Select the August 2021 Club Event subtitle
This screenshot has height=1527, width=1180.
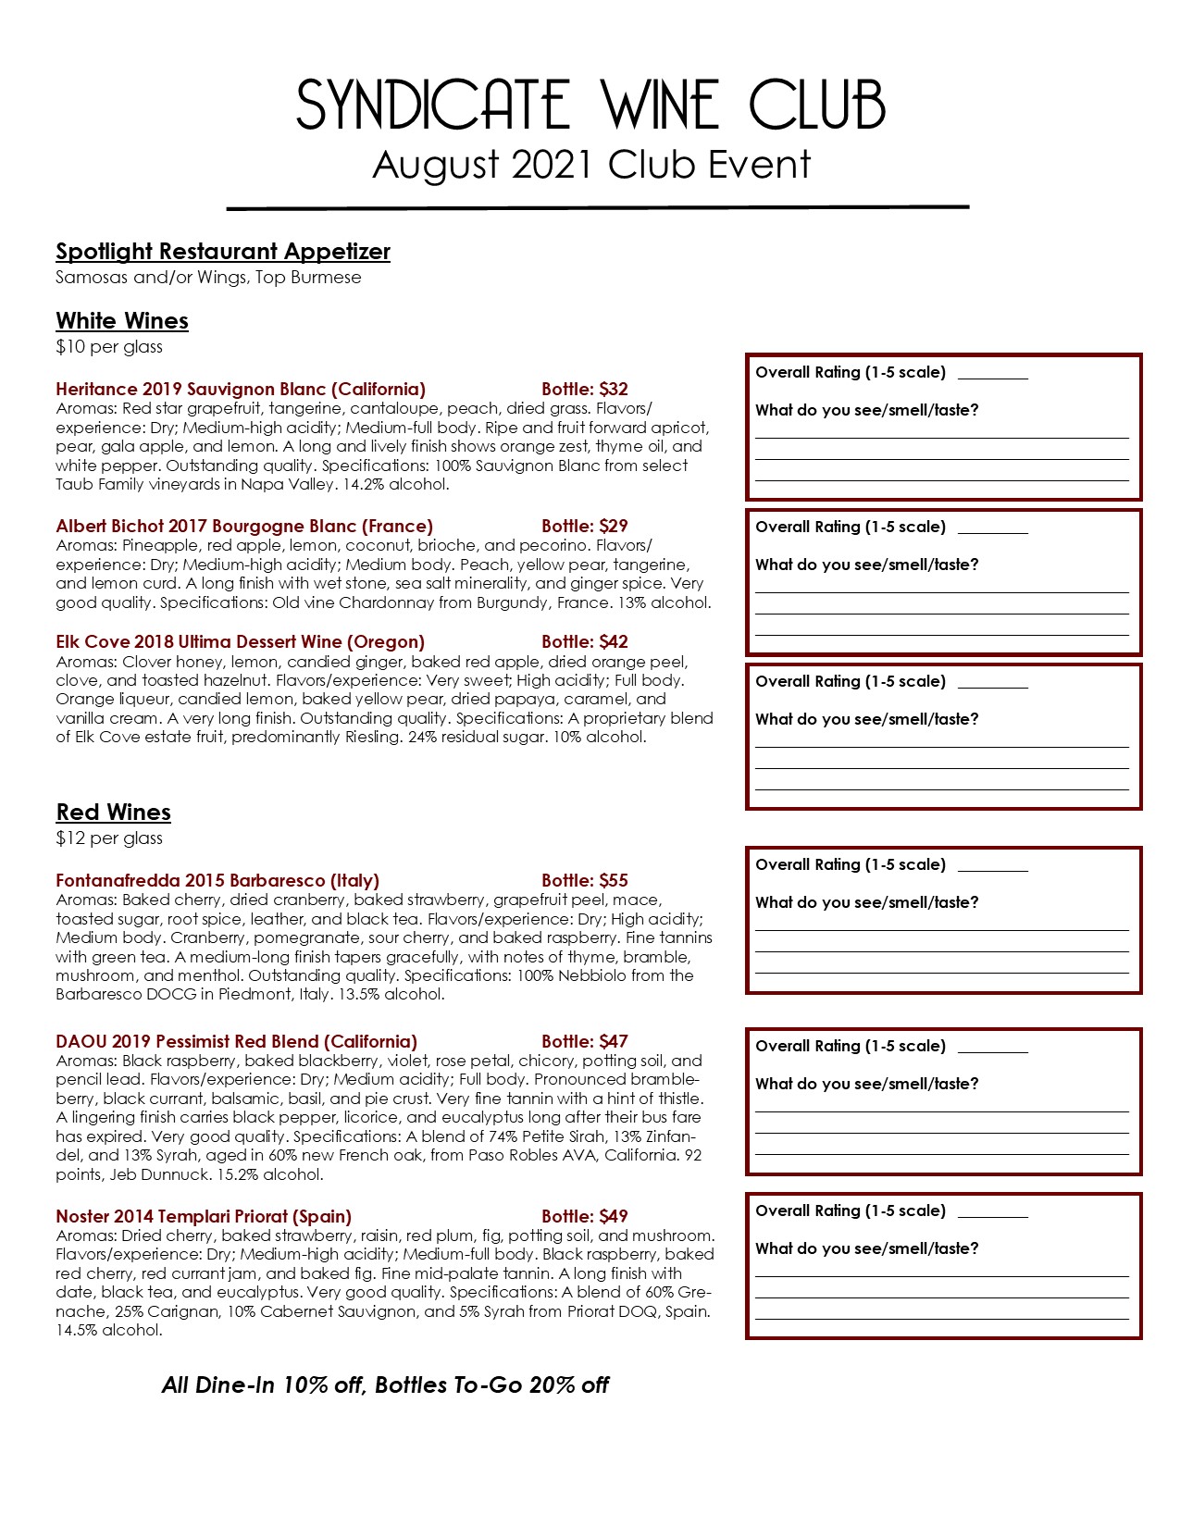pos(590,165)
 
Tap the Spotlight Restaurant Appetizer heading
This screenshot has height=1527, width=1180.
pos(223,252)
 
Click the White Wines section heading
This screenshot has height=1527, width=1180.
pos(122,321)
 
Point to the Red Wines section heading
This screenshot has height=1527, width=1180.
pos(113,813)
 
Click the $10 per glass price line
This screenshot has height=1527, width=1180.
pos(109,347)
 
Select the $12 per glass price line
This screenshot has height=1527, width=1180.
pos(109,838)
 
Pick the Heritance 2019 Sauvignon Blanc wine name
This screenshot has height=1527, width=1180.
pos(241,390)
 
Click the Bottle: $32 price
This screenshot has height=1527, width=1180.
pos(585,390)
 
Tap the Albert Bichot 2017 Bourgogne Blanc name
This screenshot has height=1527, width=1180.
pos(244,527)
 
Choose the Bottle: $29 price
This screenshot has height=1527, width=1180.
pos(585,527)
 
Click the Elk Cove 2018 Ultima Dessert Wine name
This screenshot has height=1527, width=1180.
pos(240,642)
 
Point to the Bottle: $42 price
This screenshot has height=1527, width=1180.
pos(585,642)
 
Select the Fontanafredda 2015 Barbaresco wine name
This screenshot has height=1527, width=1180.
pos(217,881)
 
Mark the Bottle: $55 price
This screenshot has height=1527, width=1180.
pos(585,881)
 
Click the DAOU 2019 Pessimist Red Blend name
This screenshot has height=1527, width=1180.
pos(236,1042)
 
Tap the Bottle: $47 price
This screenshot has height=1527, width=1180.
pos(585,1042)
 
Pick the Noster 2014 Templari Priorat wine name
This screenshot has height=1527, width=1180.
pos(204,1217)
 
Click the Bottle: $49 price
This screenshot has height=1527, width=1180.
pos(585,1217)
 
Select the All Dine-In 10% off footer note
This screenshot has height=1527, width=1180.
pos(385,1385)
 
